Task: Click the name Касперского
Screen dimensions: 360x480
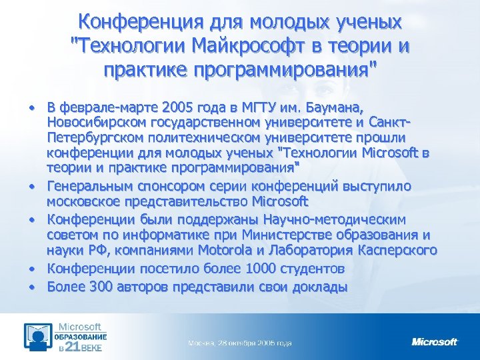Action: click(397, 250)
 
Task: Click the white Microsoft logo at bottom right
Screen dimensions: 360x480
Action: click(435, 342)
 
